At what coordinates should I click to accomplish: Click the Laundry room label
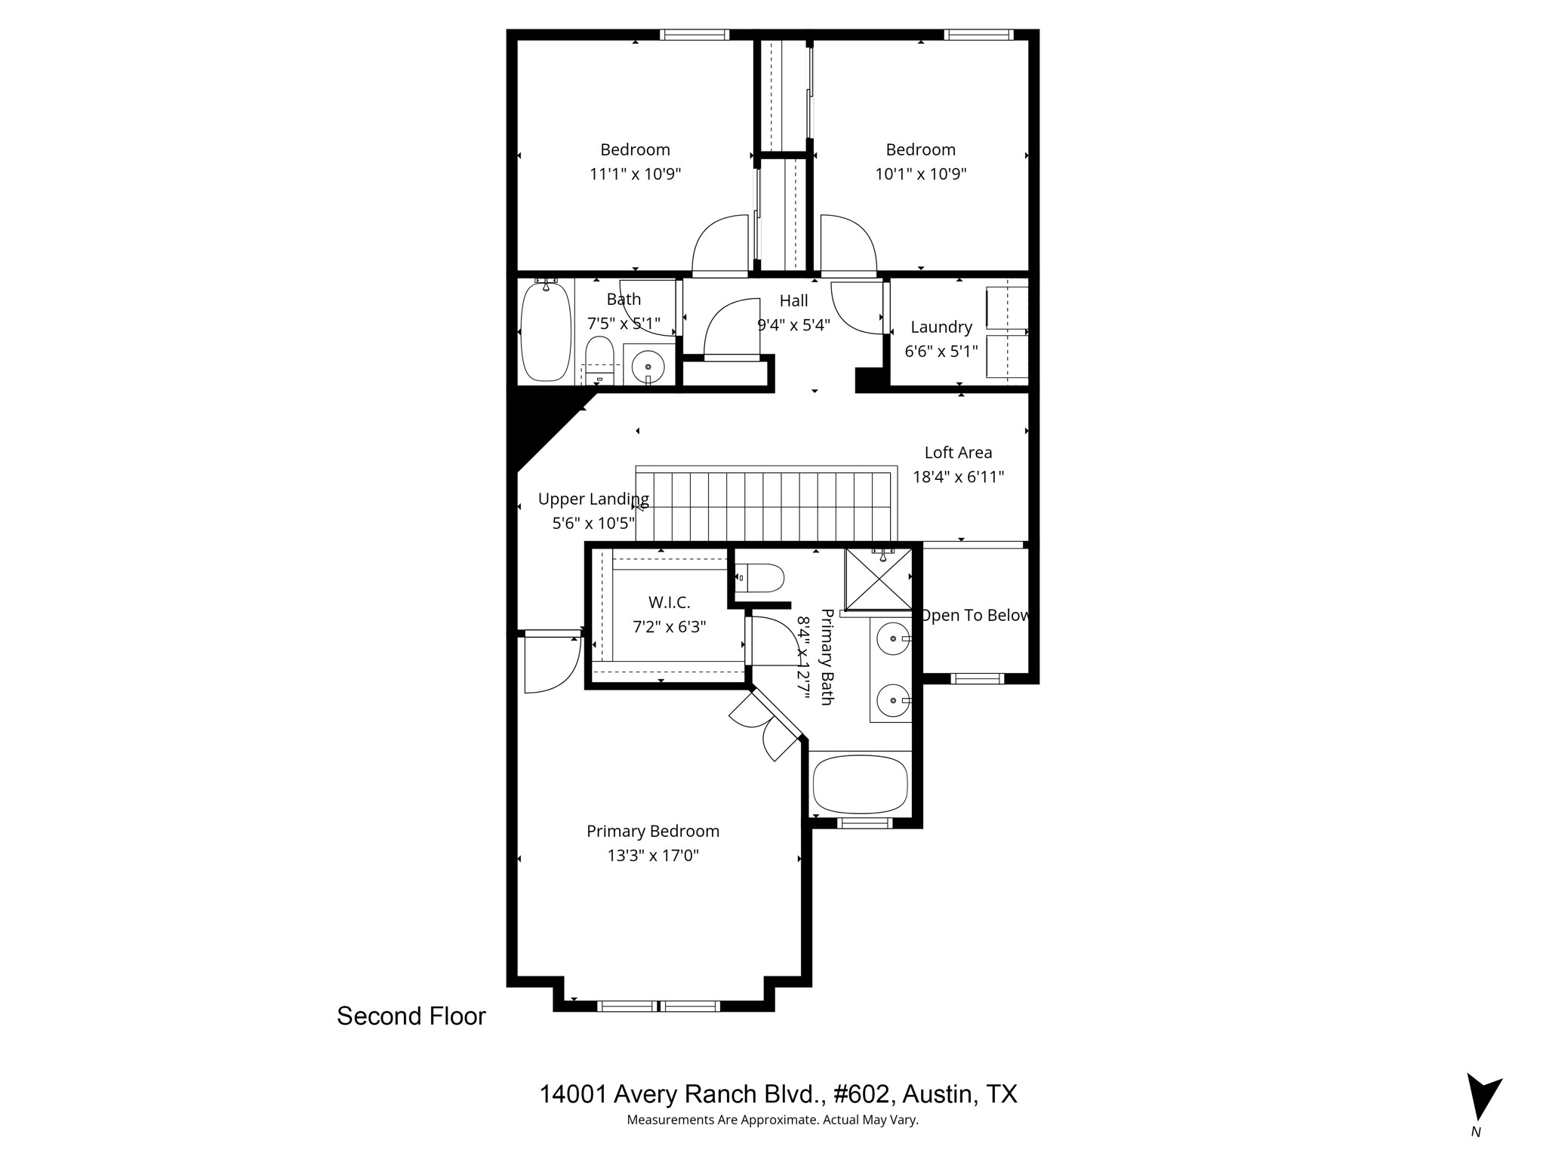(x=941, y=327)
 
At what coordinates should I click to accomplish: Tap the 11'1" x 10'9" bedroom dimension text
(x=635, y=174)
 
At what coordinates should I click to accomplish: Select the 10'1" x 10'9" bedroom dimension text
(x=920, y=174)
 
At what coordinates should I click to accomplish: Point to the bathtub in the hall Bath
(x=545, y=331)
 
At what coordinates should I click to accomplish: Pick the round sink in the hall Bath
(x=648, y=367)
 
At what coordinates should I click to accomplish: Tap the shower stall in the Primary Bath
(x=878, y=579)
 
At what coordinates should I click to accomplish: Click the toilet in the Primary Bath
(x=761, y=579)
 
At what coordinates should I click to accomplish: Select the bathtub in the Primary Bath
(x=860, y=784)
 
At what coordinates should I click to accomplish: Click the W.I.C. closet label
(x=669, y=602)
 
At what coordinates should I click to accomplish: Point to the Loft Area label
(x=958, y=453)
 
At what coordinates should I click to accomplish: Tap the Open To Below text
(x=975, y=616)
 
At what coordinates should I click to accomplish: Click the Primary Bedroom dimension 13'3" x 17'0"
(x=653, y=856)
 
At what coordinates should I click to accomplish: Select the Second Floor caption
(x=411, y=1016)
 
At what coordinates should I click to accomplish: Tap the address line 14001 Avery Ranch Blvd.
(x=778, y=1094)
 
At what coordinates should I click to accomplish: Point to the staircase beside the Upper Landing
(x=764, y=506)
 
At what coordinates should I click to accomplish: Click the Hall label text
(x=793, y=301)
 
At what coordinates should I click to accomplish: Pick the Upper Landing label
(x=593, y=499)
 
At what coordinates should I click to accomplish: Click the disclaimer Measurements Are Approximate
(x=772, y=1121)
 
